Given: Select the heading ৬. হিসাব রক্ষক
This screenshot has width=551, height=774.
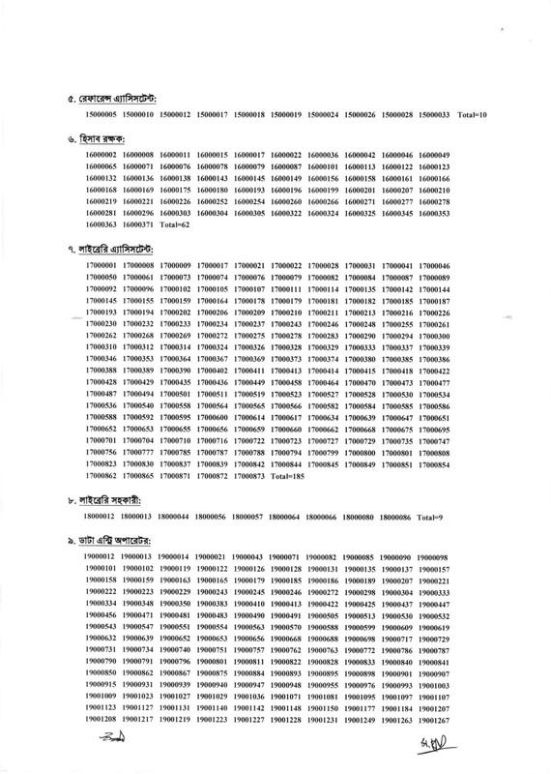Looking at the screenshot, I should (91, 139).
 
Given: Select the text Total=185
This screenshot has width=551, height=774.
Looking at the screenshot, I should (288, 477).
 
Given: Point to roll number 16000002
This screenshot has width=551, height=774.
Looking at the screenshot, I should (101, 155).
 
